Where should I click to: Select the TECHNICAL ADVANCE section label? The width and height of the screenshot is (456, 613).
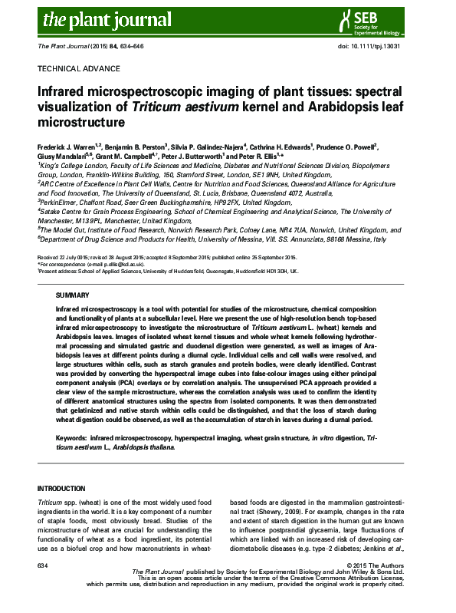tap(72, 68)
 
